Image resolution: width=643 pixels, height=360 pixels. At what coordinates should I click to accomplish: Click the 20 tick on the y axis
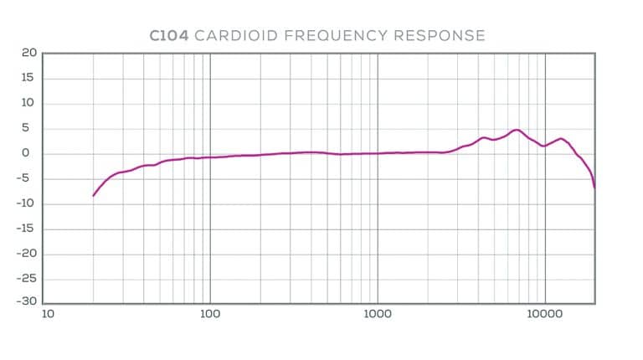click(28, 53)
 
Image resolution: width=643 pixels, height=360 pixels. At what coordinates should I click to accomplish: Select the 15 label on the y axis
click(28, 78)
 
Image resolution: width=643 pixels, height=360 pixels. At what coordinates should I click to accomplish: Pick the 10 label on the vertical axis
click(28, 103)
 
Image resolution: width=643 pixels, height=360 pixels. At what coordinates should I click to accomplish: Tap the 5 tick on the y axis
click(31, 128)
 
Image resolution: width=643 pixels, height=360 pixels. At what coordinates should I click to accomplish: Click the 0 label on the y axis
click(31, 153)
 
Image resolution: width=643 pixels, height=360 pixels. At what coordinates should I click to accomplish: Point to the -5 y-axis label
click(28, 178)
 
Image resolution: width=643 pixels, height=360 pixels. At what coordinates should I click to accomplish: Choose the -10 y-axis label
click(26, 203)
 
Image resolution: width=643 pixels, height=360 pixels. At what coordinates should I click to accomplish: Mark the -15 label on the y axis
click(26, 229)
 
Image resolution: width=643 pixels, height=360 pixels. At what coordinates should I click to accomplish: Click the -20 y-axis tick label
click(26, 254)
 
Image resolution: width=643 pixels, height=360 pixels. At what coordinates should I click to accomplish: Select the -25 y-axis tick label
click(26, 279)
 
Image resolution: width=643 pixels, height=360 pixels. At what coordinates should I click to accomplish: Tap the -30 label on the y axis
click(26, 302)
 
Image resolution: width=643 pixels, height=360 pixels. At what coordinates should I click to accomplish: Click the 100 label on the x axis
click(210, 316)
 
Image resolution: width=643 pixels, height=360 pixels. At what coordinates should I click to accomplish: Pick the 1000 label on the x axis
click(378, 316)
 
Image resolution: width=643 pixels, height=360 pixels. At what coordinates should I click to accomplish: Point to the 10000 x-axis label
click(545, 316)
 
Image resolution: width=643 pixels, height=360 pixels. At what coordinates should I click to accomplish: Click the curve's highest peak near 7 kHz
click(517, 130)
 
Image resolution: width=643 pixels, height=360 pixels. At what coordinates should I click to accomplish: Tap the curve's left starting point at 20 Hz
click(93, 195)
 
